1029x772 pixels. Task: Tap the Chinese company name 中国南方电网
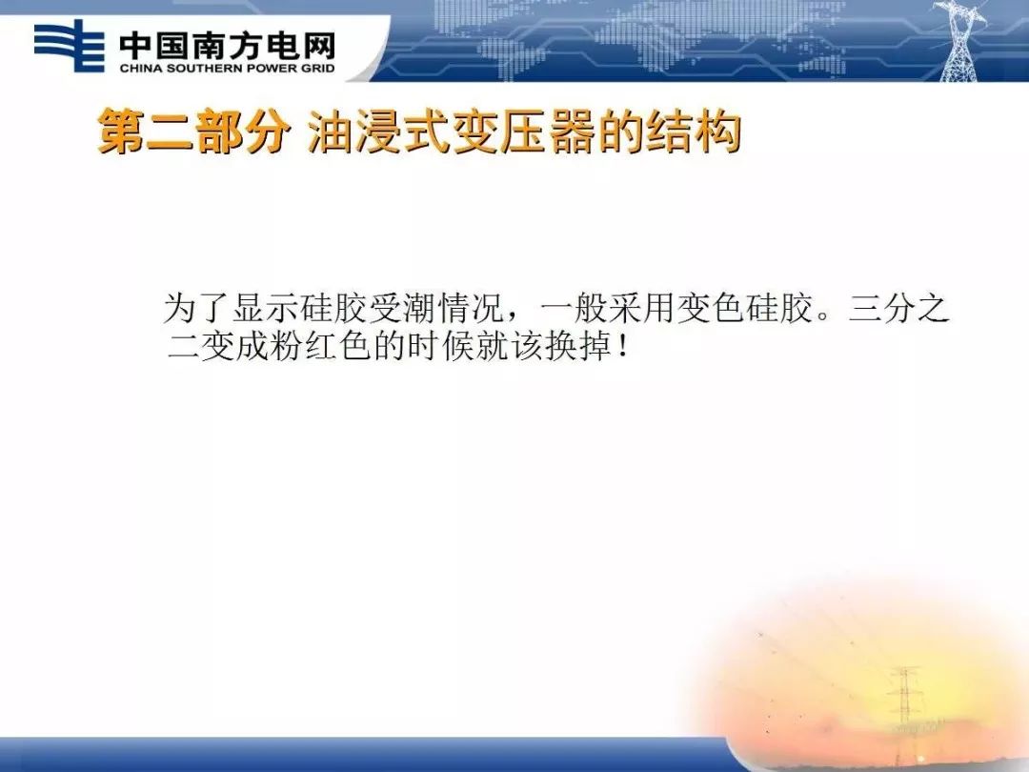tap(227, 44)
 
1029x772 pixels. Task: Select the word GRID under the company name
tap(315, 69)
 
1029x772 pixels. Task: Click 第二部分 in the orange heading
tap(192, 134)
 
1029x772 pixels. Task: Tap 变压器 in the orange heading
tap(512, 134)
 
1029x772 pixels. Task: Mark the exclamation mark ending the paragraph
tap(622, 346)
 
